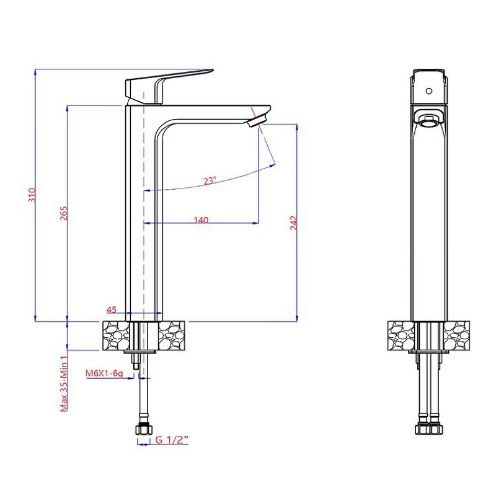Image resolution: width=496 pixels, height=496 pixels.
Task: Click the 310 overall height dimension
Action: [x=32, y=195]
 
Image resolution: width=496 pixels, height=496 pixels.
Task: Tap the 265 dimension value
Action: [x=64, y=213]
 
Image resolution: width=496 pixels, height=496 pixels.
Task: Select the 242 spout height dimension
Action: [x=294, y=223]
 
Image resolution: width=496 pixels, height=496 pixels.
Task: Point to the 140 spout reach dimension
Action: [x=201, y=220]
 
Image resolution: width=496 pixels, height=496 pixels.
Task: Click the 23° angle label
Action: [x=210, y=181]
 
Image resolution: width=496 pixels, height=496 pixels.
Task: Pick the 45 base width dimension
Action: [x=112, y=309]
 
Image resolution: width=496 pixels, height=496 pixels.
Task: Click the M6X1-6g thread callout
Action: [x=104, y=374]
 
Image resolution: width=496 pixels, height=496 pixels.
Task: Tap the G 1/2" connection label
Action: [x=172, y=440]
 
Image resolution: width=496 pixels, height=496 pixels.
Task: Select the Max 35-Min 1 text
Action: [x=64, y=383]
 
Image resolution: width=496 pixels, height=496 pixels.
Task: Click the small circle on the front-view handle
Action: [x=429, y=91]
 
